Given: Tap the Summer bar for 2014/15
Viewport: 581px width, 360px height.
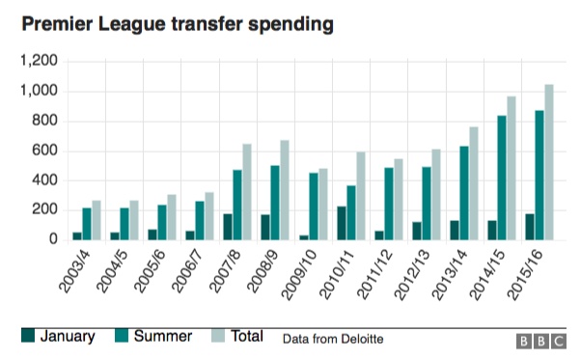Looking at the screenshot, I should [x=503, y=178].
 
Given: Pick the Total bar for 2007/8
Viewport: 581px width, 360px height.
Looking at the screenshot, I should [x=247, y=191].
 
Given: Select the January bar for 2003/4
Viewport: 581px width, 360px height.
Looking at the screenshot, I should [x=77, y=235].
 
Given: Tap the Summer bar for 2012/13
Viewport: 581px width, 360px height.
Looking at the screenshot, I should [x=427, y=203].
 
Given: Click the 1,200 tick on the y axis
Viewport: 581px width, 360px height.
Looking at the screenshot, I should [x=40, y=62].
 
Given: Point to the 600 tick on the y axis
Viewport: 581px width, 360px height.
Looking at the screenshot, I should [x=45, y=151].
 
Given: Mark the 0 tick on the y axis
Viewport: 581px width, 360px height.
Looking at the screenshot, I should [x=55, y=239].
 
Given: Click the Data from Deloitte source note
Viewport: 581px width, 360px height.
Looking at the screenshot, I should [x=334, y=339].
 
